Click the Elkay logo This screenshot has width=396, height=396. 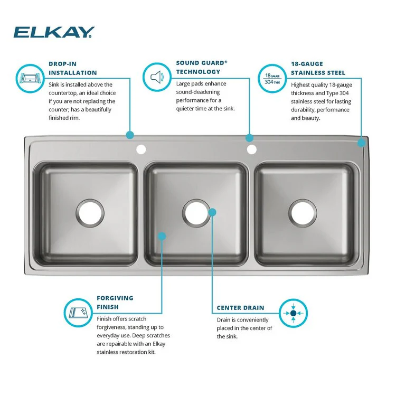pos(53,32)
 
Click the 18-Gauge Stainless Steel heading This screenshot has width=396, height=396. pos(318,68)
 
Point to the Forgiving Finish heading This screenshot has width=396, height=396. pos(115,302)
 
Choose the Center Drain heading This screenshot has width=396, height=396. pos(240,307)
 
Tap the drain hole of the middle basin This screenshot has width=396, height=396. pos(196,211)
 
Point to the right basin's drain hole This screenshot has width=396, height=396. pos(304,211)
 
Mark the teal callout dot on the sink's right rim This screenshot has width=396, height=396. pos(362,142)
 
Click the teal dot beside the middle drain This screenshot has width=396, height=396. pos(212,212)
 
